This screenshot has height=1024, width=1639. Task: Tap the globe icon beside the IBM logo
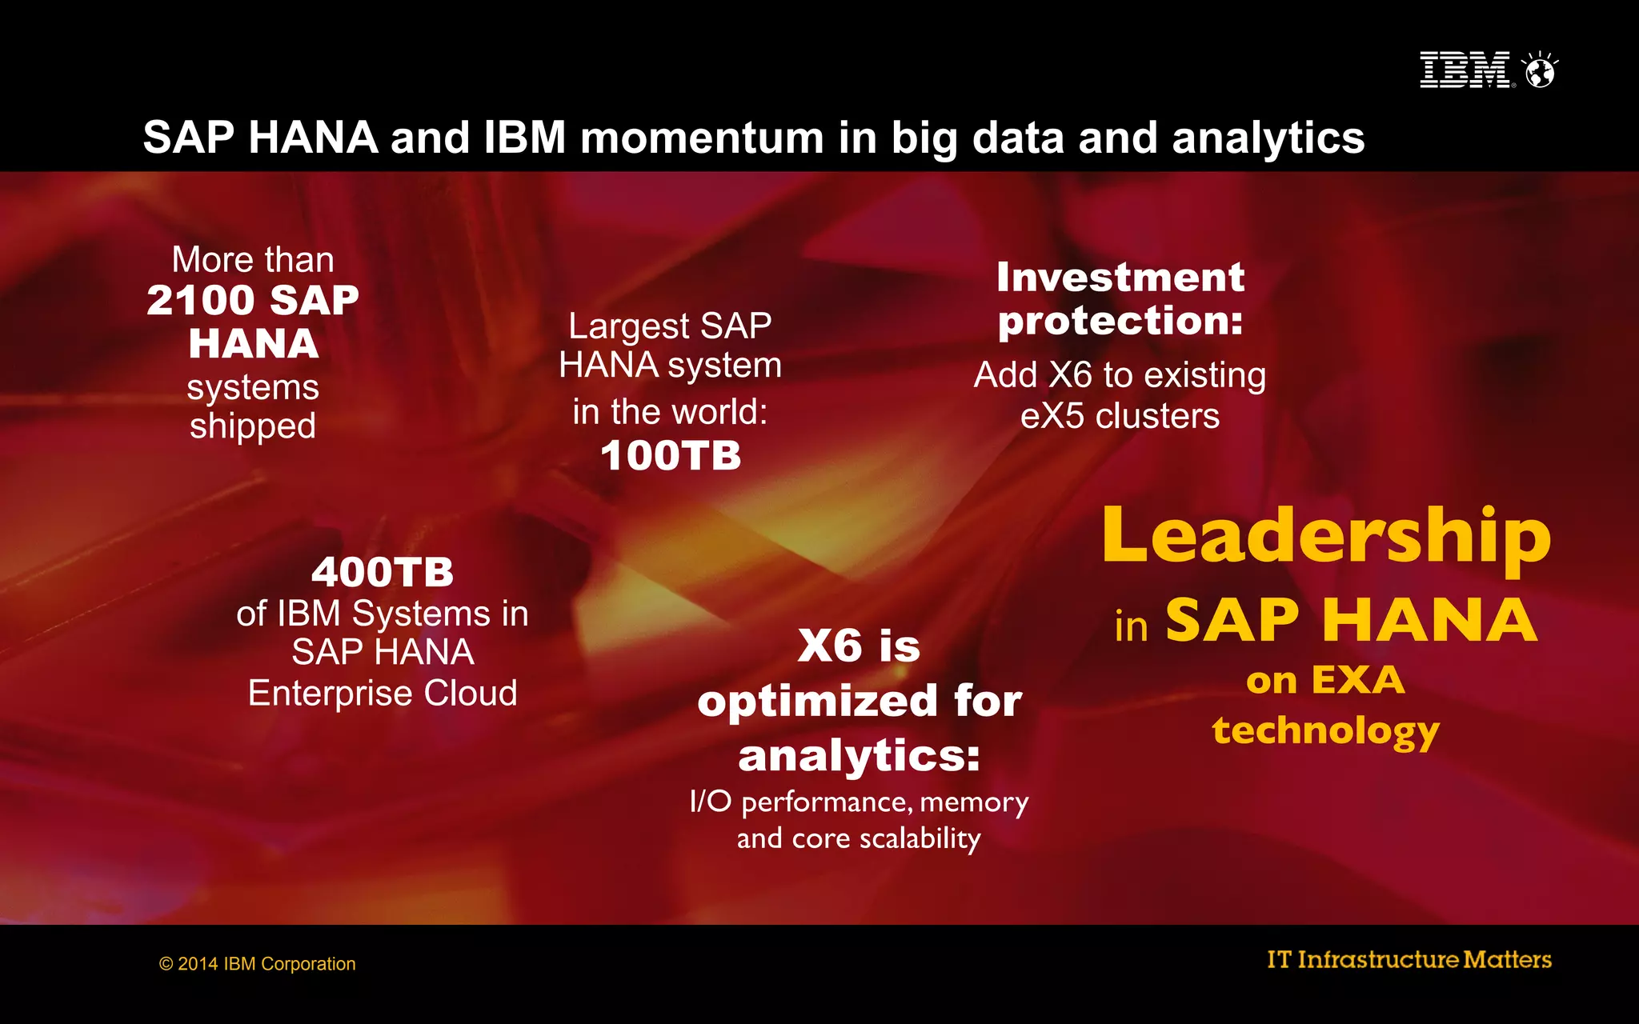[x=1540, y=71]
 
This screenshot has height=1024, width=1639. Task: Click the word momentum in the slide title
[x=702, y=138]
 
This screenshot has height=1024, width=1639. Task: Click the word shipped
[x=253, y=426]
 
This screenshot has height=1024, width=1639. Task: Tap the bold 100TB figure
[x=671, y=456]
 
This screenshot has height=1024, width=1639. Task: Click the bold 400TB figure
[x=383, y=573]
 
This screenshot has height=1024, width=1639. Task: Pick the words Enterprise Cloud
[x=383, y=693]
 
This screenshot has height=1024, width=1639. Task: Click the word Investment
[x=1120, y=278]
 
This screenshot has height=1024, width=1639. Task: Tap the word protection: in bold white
[x=1120, y=322]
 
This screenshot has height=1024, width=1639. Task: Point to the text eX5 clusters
[x=1120, y=416]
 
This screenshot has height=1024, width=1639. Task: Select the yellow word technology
[x=1326, y=730]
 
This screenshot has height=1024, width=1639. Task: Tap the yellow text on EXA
[x=1326, y=681]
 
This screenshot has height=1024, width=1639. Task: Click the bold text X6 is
[x=859, y=646]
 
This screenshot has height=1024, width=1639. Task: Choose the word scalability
[x=920, y=838]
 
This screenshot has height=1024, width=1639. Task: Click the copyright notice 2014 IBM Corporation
[x=258, y=964]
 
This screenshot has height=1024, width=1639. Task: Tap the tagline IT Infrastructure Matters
[x=1409, y=959]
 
